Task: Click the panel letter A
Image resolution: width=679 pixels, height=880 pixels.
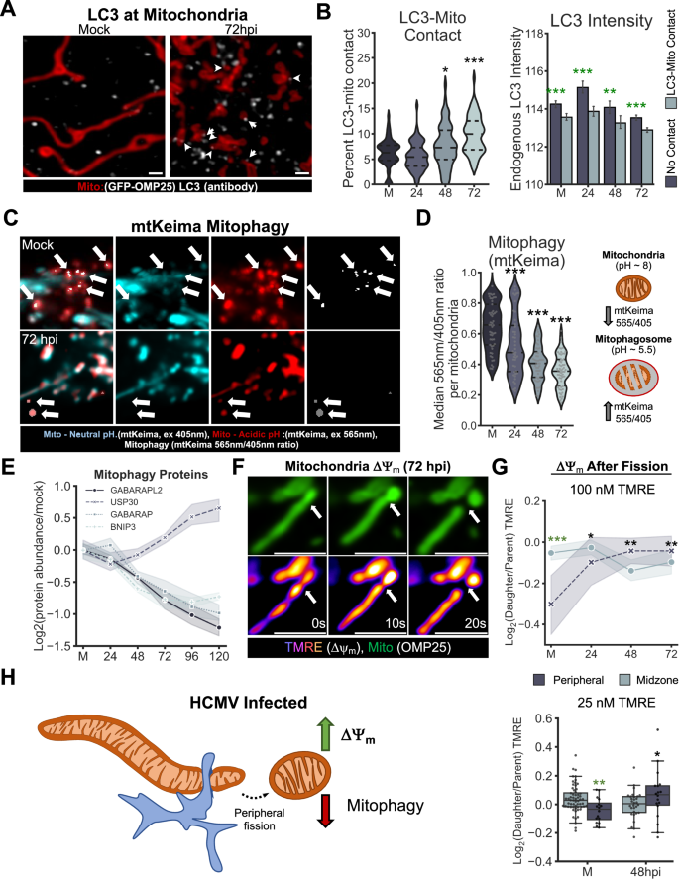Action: coord(11,11)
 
